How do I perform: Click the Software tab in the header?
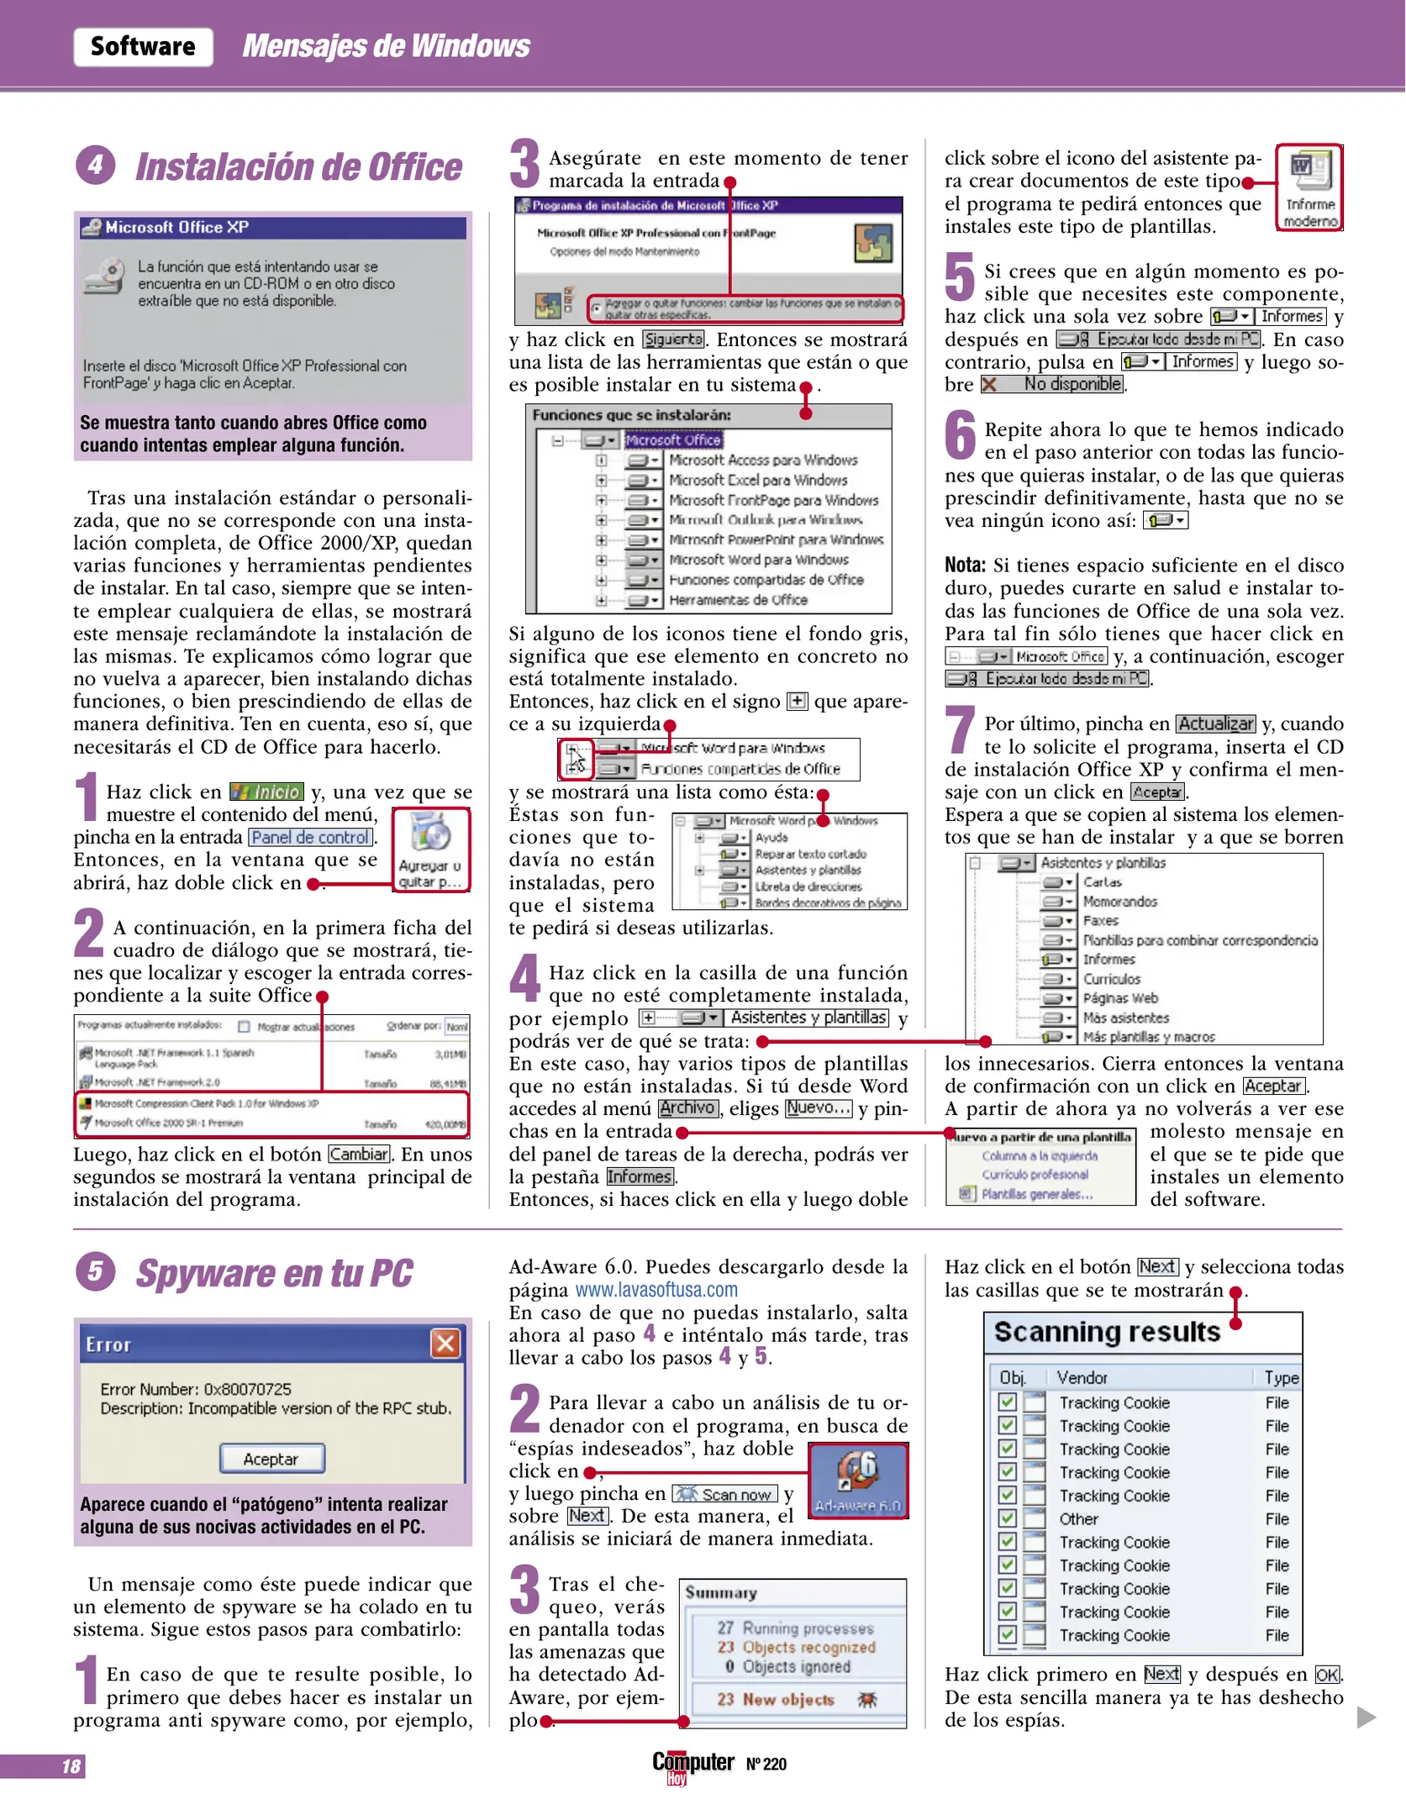(x=143, y=46)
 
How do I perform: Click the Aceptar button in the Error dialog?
(x=271, y=1459)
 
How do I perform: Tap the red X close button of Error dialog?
(x=445, y=1344)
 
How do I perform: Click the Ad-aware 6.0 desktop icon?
(x=857, y=1481)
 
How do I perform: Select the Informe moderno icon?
(x=1309, y=187)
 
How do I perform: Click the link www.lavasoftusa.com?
(x=656, y=1290)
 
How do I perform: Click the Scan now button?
(x=724, y=1494)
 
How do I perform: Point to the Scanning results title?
(x=1107, y=1332)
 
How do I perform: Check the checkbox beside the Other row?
(x=1007, y=1518)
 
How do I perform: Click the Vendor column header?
(x=1082, y=1377)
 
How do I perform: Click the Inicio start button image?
(x=266, y=792)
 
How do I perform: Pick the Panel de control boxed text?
(x=310, y=837)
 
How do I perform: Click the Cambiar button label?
(x=359, y=1154)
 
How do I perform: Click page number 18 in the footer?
(x=71, y=1766)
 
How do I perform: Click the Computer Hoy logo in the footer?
(x=692, y=1765)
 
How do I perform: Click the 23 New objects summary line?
(x=775, y=1699)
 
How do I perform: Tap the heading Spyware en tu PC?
(x=274, y=1273)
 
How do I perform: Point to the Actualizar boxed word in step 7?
(x=1215, y=723)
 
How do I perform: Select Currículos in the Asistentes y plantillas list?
(x=1111, y=979)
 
